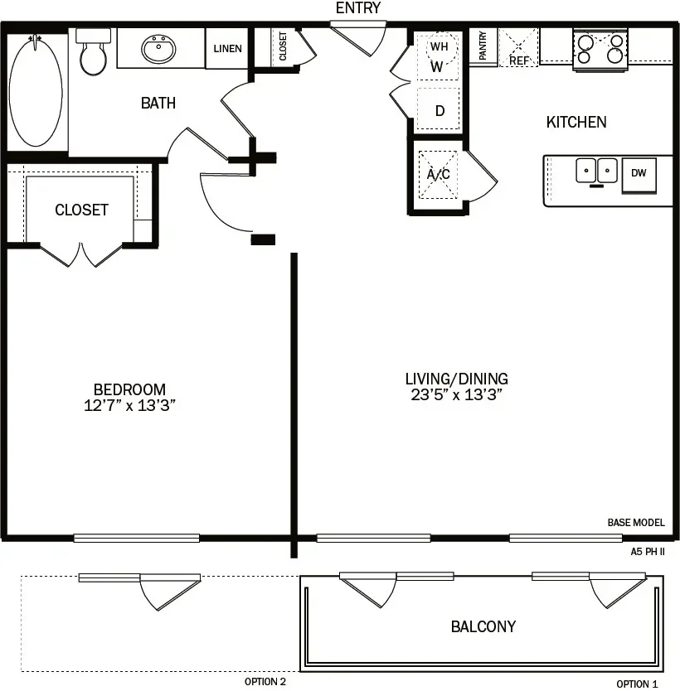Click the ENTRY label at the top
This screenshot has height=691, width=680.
tap(358, 8)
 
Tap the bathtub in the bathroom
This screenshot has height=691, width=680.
tap(36, 90)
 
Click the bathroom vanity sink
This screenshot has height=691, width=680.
tap(158, 49)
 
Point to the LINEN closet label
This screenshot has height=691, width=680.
tap(227, 49)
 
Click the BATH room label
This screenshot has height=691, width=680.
tap(158, 104)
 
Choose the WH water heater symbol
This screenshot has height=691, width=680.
tap(439, 47)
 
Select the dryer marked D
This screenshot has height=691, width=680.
tap(439, 110)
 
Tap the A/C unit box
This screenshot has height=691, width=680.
tap(438, 174)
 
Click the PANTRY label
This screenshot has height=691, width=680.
tap(483, 46)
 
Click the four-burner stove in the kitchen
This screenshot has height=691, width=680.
tap(599, 48)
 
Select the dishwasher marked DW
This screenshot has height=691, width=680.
tap(639, 173)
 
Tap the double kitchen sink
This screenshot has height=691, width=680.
tap(597, 171)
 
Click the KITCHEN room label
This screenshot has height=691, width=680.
tap(576, 123)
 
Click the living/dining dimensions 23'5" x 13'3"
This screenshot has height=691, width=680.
tap(457, 394)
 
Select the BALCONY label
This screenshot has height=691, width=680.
tap(483, 626)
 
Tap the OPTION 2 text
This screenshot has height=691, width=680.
tap(265, 682)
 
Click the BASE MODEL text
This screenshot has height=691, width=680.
tap(636, 523)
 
